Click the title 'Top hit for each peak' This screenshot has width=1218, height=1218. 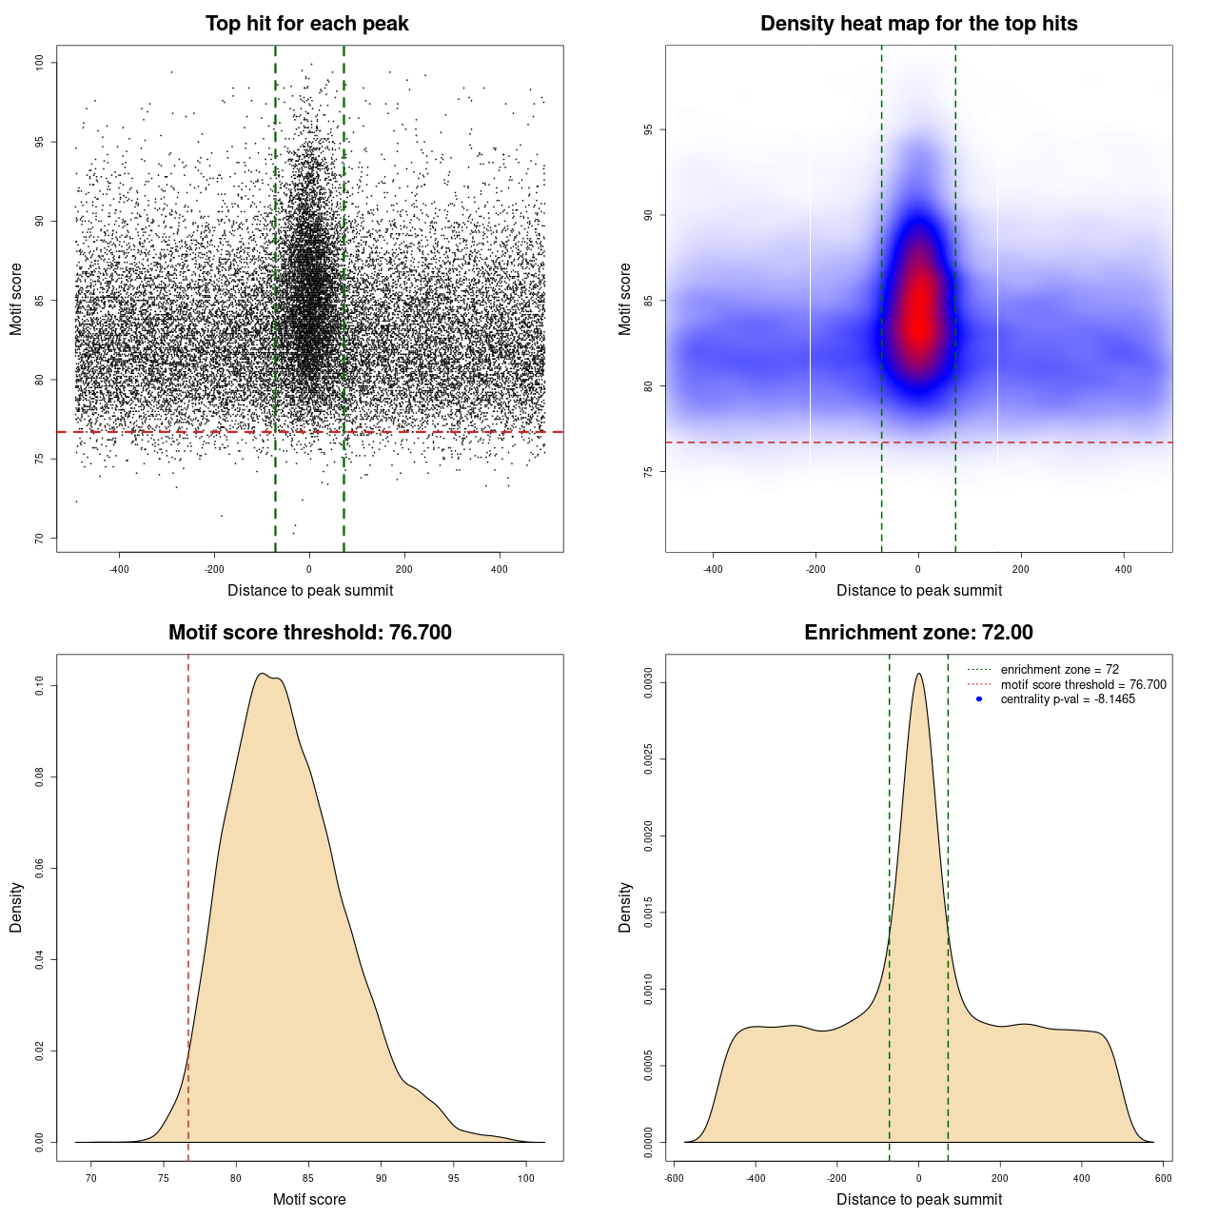(x=306, y=24)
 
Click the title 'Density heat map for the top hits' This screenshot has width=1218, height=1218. (x=918, y=24)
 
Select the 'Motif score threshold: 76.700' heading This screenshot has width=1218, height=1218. (x=309, y=633)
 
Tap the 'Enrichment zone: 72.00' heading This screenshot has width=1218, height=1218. (x=918, y=633)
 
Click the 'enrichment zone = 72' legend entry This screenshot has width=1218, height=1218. (x=1059, y=670)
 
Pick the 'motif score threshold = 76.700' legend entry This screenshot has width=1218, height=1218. (x=1083, y=685)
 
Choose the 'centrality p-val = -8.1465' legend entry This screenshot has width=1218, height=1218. (x=1068, y=699)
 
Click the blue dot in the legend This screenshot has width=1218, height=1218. (x=979, y=699)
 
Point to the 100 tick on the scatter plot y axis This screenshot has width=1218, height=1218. (x=40, y=63)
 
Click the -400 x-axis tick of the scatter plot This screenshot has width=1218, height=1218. (x=119, y=569)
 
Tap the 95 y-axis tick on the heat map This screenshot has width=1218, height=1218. (x=649, y=129)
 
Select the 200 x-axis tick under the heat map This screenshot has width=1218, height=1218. (x=1021, y=569)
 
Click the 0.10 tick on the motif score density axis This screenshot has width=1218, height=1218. (x=40, y=685)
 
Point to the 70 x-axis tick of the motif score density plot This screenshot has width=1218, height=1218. (x=91, y=1178)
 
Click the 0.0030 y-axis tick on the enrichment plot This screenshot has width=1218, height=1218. (x=649, y=683)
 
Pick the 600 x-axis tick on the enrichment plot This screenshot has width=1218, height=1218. (x=1163, y=1178)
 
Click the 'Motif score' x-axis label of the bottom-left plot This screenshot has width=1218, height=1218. (x=309, y=1199)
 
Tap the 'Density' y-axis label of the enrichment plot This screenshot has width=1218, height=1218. (x=625, y=907)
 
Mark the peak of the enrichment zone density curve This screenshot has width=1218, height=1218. (x=918, y=674)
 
